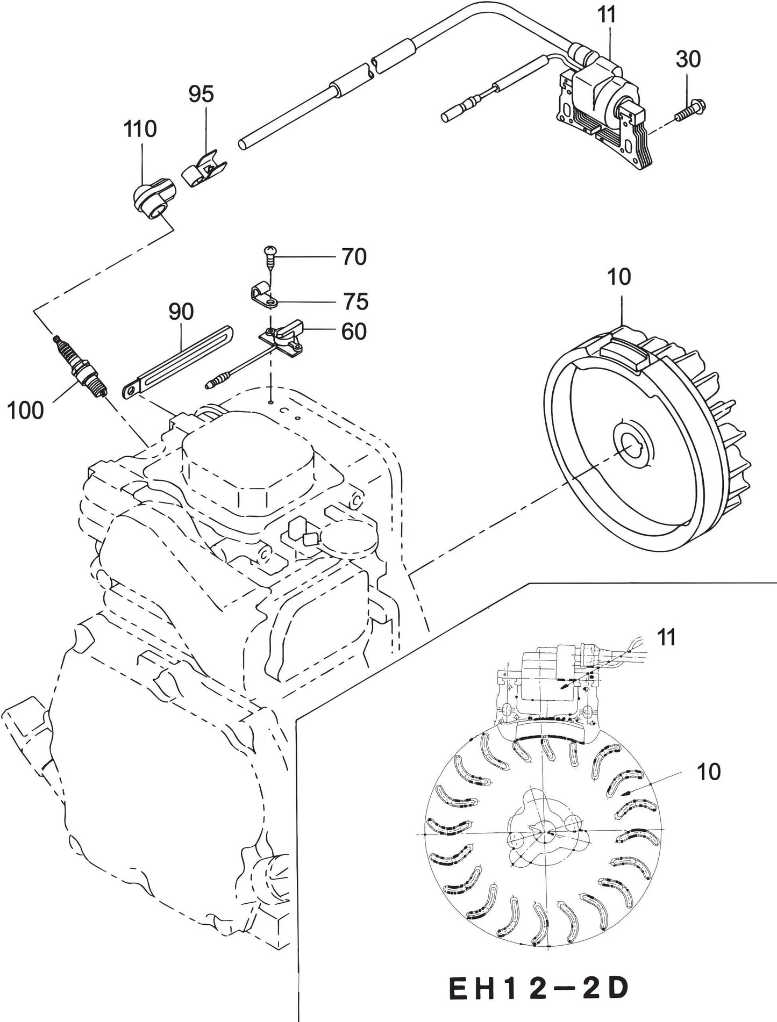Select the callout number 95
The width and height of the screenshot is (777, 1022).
coord(201,94)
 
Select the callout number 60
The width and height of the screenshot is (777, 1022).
coord(354,332)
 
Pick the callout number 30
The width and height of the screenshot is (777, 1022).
coord(688,59)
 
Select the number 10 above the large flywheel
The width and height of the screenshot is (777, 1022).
coord(618,277)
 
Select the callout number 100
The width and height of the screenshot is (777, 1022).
coord(25,411)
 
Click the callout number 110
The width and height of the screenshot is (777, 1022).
coord(140,129)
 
